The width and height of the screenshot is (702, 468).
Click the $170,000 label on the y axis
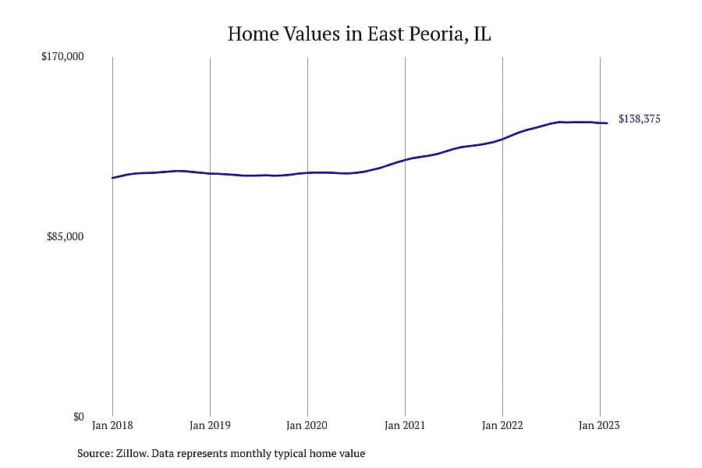click(x=62, y=56)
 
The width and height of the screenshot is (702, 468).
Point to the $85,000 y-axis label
click(x=65, y=236)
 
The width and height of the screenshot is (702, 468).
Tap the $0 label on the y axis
click(x=78, y=417)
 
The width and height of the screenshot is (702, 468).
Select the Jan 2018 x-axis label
click(x=112, y=425)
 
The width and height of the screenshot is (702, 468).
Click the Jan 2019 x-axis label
click(x=210, y=425)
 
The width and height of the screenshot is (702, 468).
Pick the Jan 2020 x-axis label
click(x=307, y=425)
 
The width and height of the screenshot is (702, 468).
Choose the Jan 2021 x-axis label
click(x=405, y=425)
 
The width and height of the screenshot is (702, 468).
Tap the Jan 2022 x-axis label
click(x=502, y=425)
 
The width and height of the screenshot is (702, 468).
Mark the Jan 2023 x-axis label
click(x=600, y=425)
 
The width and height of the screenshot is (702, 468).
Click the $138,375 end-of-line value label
click(x=640, y=119)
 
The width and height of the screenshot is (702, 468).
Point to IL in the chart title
click(x=482, y=34)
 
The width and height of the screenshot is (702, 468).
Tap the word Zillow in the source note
click(x=132, y=453)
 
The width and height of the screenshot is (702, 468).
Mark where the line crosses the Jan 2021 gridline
click(x=405, y=160)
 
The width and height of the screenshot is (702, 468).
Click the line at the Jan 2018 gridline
click(x=113, y=178)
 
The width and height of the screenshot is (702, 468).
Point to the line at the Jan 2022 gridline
click(x=503, y=139)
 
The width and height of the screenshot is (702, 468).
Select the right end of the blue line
click(x=607, y=123)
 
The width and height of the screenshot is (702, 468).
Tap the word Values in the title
click(x=313, y=34)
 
